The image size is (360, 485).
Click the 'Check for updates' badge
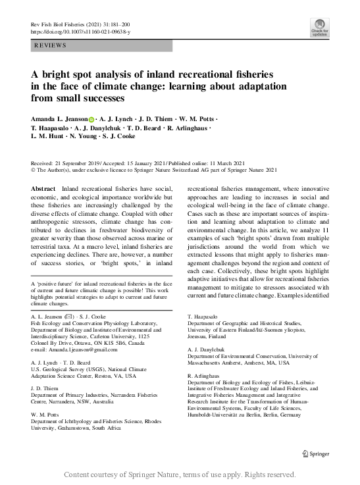(320, 26)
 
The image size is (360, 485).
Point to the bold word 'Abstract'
(43, 189)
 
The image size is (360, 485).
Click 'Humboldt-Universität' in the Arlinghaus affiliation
(218, 415)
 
